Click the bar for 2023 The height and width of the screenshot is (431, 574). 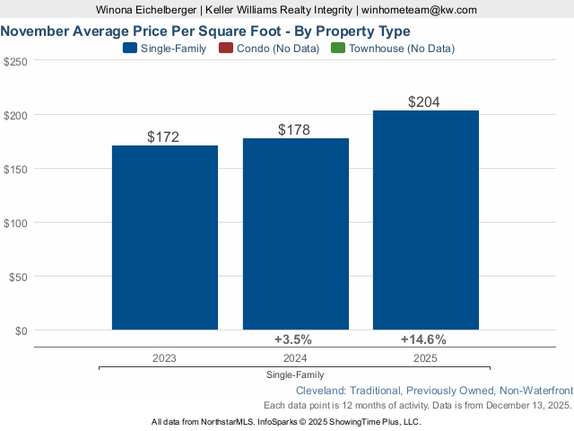164,238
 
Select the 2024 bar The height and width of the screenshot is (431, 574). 295,234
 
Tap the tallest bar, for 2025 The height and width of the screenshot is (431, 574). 425,220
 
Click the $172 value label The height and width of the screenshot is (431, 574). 163,137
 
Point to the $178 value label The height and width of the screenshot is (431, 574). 294,130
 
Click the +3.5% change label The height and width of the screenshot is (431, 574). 292,339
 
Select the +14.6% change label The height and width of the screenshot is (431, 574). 423,339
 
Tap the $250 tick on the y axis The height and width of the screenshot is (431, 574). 15,61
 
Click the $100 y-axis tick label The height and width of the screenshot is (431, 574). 15,223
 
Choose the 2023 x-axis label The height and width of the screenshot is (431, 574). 164,357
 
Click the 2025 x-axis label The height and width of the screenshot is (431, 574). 425,357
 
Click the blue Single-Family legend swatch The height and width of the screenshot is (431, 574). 130,48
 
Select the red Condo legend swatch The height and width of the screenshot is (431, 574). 225,48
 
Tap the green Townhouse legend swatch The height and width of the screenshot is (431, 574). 338,48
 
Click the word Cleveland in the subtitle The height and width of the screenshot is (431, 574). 322,391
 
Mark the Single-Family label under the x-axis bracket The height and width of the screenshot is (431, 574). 294,374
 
